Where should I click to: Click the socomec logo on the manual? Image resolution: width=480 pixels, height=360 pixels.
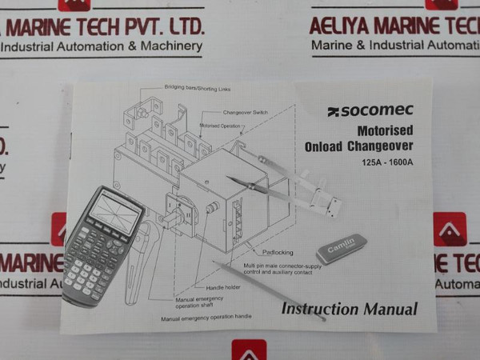click(369, 111)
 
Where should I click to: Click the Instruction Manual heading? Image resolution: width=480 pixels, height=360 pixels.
click(349, 309)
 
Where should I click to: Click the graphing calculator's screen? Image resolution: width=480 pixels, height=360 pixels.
click(114, 212)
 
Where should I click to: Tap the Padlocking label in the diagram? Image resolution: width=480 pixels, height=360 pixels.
click(278, 252)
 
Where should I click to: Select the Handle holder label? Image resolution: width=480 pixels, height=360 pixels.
click(222, 288)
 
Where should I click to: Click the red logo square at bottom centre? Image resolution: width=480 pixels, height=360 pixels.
click(249, 350)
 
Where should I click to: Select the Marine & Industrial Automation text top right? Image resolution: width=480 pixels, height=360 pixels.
click(394, 46)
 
